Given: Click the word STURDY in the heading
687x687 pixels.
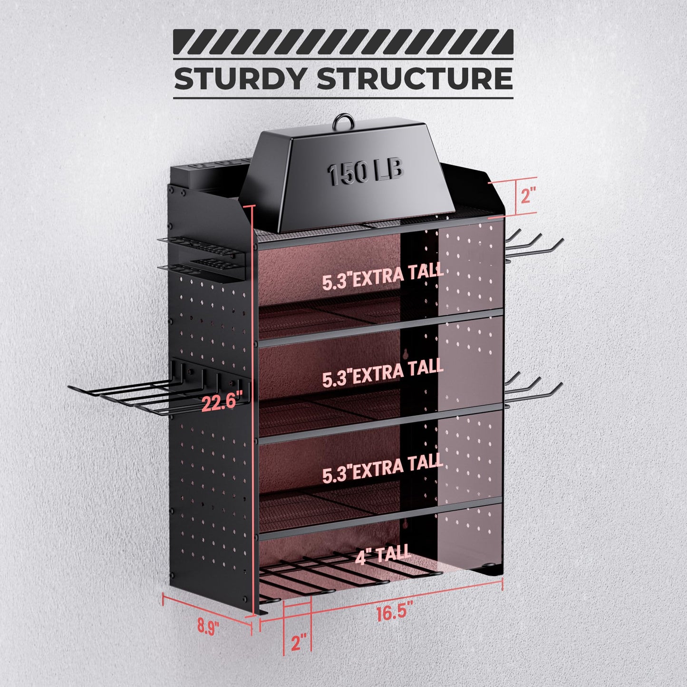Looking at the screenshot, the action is click(x=240, y=78).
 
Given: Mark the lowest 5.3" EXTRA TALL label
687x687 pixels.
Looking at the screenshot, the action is click(x=383, y=470).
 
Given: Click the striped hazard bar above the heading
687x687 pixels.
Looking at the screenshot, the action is click(x=343, y=42).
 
